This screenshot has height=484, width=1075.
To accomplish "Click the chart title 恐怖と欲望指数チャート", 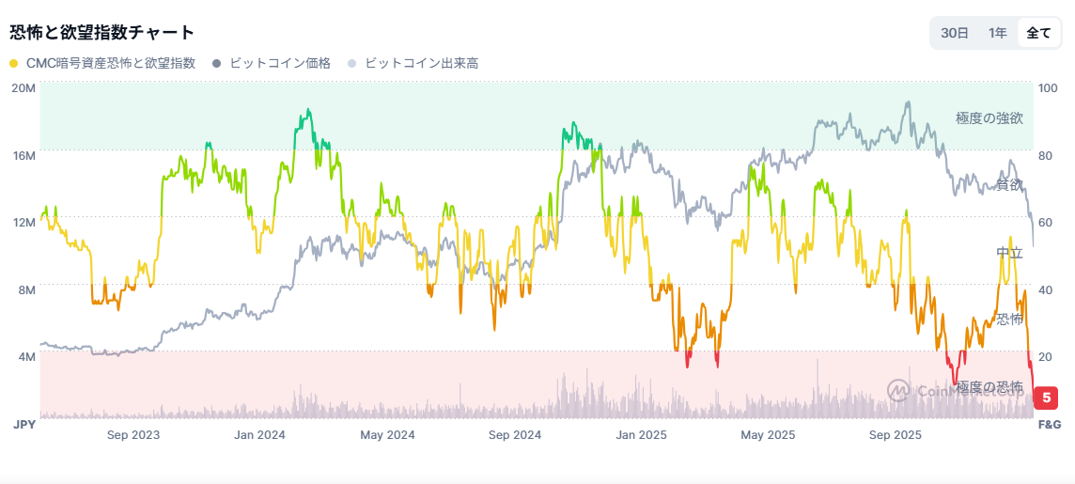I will pyautogui.click(x=102, y=32).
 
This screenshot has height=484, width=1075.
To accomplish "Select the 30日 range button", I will pyautogui.click(x=955, y=33).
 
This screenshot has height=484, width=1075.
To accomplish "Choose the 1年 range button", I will pyautogui.click(x=997, y=33).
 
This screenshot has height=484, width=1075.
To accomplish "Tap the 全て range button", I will pyautogui.click(x=1038, y=33).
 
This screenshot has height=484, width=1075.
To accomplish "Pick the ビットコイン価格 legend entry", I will pyautogui.click(x=272, y=63).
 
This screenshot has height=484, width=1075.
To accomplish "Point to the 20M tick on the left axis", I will pyautogui.click(x=23, y=87).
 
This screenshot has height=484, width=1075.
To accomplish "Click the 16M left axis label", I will pyautogui.click(x=23, y=154).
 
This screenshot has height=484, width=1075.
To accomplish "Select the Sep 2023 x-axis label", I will pyautogui.click(x=133, y=435).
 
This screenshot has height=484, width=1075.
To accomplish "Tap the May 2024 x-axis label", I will pyautogui.click(x=387, y=435).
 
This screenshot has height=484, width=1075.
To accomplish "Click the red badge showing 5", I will pyautogui.click(x=1046, y=398).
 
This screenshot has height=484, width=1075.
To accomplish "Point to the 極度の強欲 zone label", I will pyautogui.click(x=989, y=118).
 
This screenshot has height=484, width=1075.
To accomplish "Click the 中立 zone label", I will pyautogui.click(x=1009, y=253).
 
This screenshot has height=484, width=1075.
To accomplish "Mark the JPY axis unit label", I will pyautogui.click(x=24, y=425).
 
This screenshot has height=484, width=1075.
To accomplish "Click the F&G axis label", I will pyautogui.click(x=1049, y=425).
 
